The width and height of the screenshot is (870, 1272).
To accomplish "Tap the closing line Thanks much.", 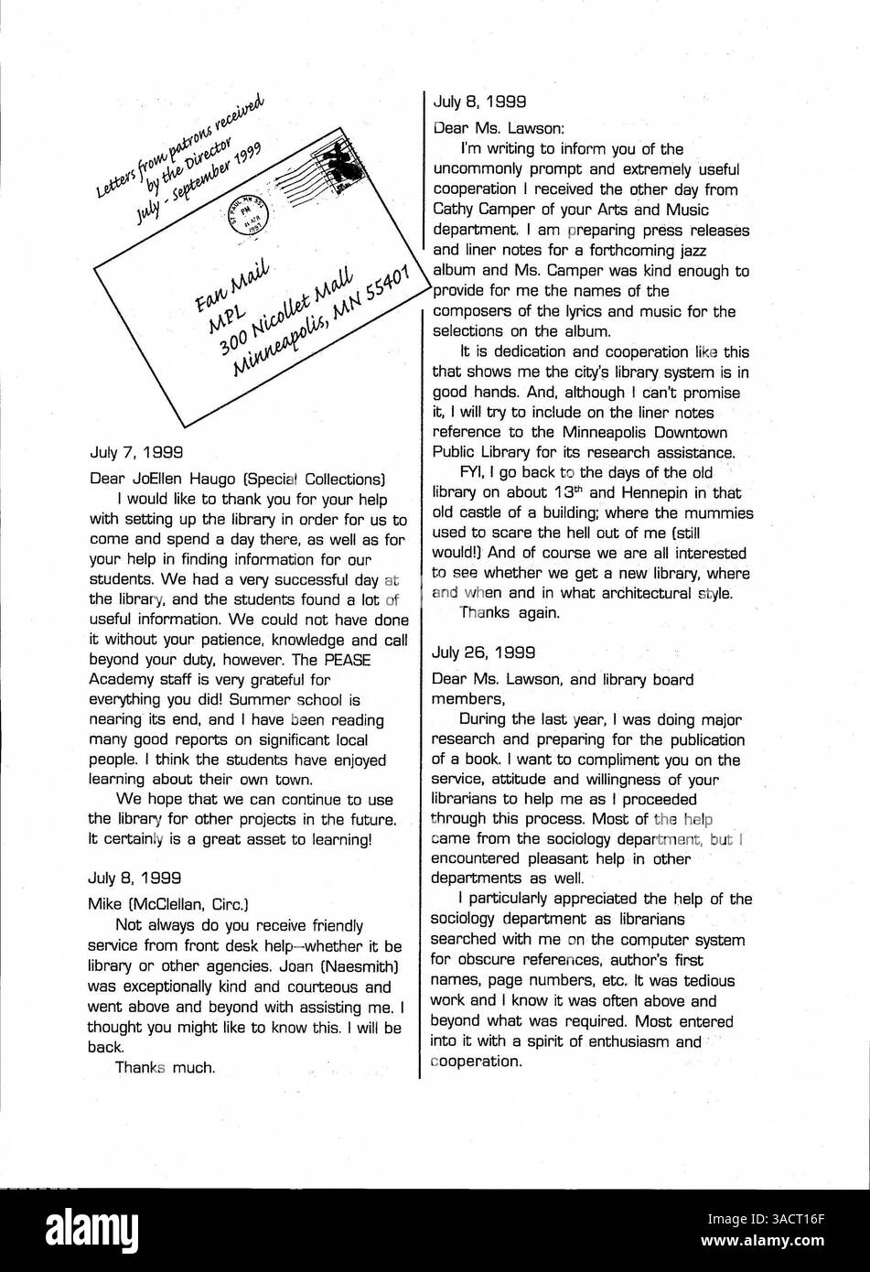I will [x=165, y=1068].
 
